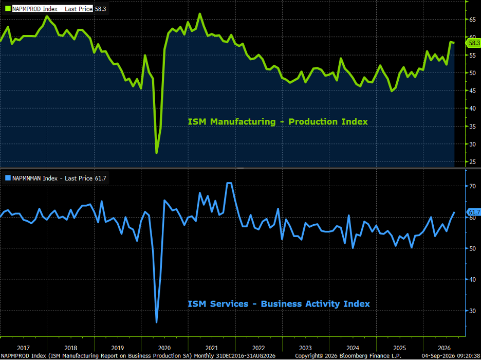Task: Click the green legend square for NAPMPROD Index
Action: click(x=8, y=9)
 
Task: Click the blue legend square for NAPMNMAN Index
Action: click(x=8, y=178)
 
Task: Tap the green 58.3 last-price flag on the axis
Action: click(x=474, y=43)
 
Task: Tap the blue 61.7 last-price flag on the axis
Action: click(x=474, y=212)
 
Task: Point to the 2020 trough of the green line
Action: click(x=157, y=153)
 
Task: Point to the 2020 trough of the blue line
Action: click(x=157, y=322)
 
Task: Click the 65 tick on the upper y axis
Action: click(x=472, y=20)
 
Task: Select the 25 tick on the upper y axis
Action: click(x=472, y=162)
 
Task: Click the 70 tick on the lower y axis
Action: click(x=472, y=186)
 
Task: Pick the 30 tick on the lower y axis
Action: click(x=472, y=311)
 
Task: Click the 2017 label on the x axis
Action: click(x=24, y=348)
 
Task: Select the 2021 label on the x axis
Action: click(x=212, y=348)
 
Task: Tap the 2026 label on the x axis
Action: click(x=444, y=348)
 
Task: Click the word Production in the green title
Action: click(x=310, y=122)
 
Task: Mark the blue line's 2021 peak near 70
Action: click(x=229, y=183)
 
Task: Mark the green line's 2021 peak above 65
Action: click(x=200, y=14)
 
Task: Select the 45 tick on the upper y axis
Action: click(x=472, y=91)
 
